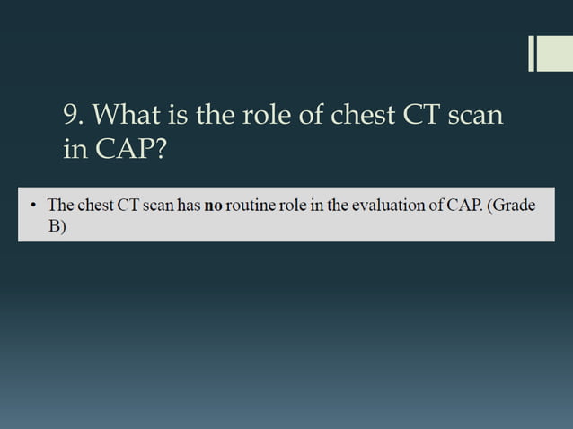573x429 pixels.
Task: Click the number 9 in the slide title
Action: pos(73,115)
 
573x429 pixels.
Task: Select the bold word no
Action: pos(213,206)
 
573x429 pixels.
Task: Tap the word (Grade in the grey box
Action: pos(510,206)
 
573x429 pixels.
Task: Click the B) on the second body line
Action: pos(57,227)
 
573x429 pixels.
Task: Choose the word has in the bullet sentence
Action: pos(189,206)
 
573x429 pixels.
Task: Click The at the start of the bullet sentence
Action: pos(61,206)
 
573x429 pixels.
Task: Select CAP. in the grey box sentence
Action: pos(460,206)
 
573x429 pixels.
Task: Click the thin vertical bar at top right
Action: pos(531,53)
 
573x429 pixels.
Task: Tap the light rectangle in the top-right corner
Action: pos(555,53)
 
